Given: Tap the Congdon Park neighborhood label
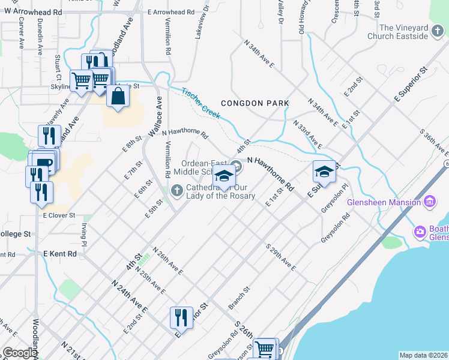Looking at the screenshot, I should pyautogui.click(x=255, y=103).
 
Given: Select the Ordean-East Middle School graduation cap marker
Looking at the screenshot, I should pyautogui.click(x=224, y=177).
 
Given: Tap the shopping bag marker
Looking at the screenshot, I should pyautogui.click(x=118, y=97).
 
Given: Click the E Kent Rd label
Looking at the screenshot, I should pyautogui.click(x=60, y=254).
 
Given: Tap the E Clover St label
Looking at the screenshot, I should pyautogui.click(x=58, y=215).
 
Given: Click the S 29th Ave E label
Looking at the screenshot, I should pyautogui.click(x=281, y=257).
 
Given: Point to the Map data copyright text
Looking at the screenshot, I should pyautogui.click(x=422, y=355).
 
